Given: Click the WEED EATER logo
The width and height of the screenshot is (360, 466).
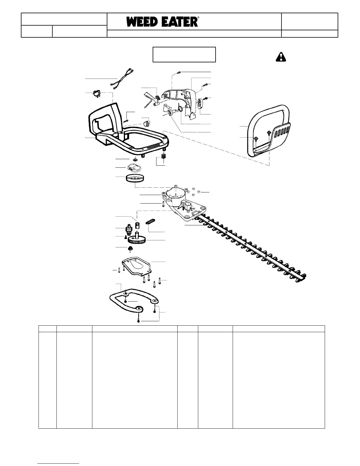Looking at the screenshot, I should (162, 22).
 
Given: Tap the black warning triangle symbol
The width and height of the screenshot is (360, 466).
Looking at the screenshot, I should (281, 57).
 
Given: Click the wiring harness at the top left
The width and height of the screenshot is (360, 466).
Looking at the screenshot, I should (122, 78).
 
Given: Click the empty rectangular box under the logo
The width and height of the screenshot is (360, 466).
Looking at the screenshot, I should (184, 54).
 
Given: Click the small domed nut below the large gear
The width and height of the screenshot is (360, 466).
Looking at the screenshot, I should (130, 249).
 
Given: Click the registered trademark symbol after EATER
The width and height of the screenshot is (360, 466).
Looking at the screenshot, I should (199, 18).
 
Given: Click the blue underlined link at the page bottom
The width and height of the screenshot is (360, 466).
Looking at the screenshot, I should (59, 463).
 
